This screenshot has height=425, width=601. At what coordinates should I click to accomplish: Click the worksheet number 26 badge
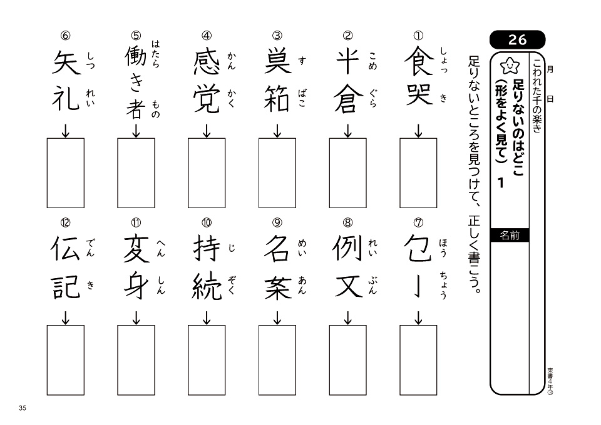pyautogui.click(x=518, y=40)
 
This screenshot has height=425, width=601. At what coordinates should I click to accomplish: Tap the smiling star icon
pyautogui.click(x=509, y=64)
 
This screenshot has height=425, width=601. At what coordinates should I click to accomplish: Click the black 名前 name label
pyautogui.click(x=510, y=236)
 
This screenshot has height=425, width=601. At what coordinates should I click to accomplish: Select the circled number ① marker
pyautogui.click(x=419, y=36)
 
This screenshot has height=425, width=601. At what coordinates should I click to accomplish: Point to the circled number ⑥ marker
pyautogui.click(x=66, y=36)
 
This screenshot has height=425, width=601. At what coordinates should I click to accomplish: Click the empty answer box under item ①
pyautogui.click(x=419, y=173)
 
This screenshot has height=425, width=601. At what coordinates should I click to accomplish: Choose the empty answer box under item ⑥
pyautogui.click(x=66, y=173)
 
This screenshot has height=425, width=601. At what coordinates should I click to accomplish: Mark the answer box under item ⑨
pyautogui.click(x=277, y=360)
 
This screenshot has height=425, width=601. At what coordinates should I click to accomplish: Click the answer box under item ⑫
pyautogui.click(x=66, y=360)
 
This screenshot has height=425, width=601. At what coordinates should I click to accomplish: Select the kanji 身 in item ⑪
pyautogui.click(x=136, y=286)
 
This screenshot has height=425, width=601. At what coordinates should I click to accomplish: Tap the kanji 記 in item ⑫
pyautogui.click(x=66, y=286)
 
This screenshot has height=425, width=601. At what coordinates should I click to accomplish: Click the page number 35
pyautogui.click(x=23, y=408)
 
